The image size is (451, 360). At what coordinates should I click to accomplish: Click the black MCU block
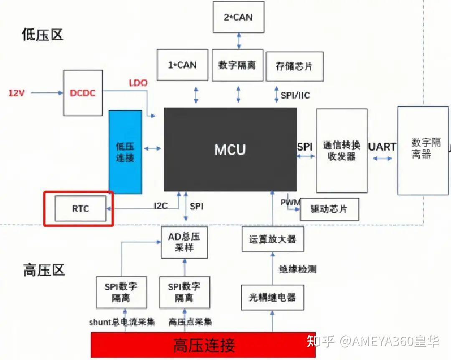[230, 149]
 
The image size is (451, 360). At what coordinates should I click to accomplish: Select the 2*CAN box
[238, 17]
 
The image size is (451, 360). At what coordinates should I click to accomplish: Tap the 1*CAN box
[182, 65]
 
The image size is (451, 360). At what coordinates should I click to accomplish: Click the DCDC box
[83, 93]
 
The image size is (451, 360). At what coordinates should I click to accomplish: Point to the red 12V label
[17, 93]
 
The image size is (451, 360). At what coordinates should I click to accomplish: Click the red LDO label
[138, 83]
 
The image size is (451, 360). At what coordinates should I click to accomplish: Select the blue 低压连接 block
[125, 152]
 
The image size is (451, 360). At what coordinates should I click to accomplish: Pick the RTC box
[81, 208]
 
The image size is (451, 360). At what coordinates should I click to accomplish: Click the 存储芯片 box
[294, 66]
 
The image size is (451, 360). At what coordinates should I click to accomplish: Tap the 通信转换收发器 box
[342, 151]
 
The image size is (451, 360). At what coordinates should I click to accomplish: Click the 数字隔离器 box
[423, 150]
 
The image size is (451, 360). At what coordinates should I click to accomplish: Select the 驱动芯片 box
[329, 209]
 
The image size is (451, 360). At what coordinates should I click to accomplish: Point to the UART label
[382, 147]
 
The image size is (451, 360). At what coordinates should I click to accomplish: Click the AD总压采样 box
[184, 242]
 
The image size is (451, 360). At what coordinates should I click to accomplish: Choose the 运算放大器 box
[272, 239]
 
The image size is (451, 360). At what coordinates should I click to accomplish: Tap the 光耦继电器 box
[272, 297]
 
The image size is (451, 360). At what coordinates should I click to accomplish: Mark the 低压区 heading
[42, 35]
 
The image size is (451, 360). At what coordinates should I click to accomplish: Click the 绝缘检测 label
[297, 269]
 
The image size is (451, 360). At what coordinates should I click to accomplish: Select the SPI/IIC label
[295, 96]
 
